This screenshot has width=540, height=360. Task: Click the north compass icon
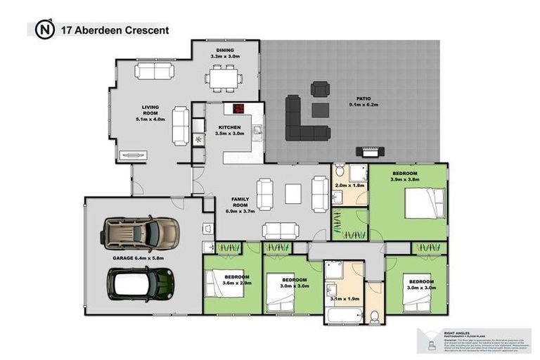pos(45,30)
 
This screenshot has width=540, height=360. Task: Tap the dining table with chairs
pos(224,77)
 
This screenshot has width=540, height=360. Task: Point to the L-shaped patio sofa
pos(305,120)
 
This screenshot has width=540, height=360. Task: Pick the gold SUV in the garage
pos(139,231)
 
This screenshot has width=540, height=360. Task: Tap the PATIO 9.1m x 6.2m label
pos(364,101)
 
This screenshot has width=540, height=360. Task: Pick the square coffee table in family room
pos(292,193)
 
